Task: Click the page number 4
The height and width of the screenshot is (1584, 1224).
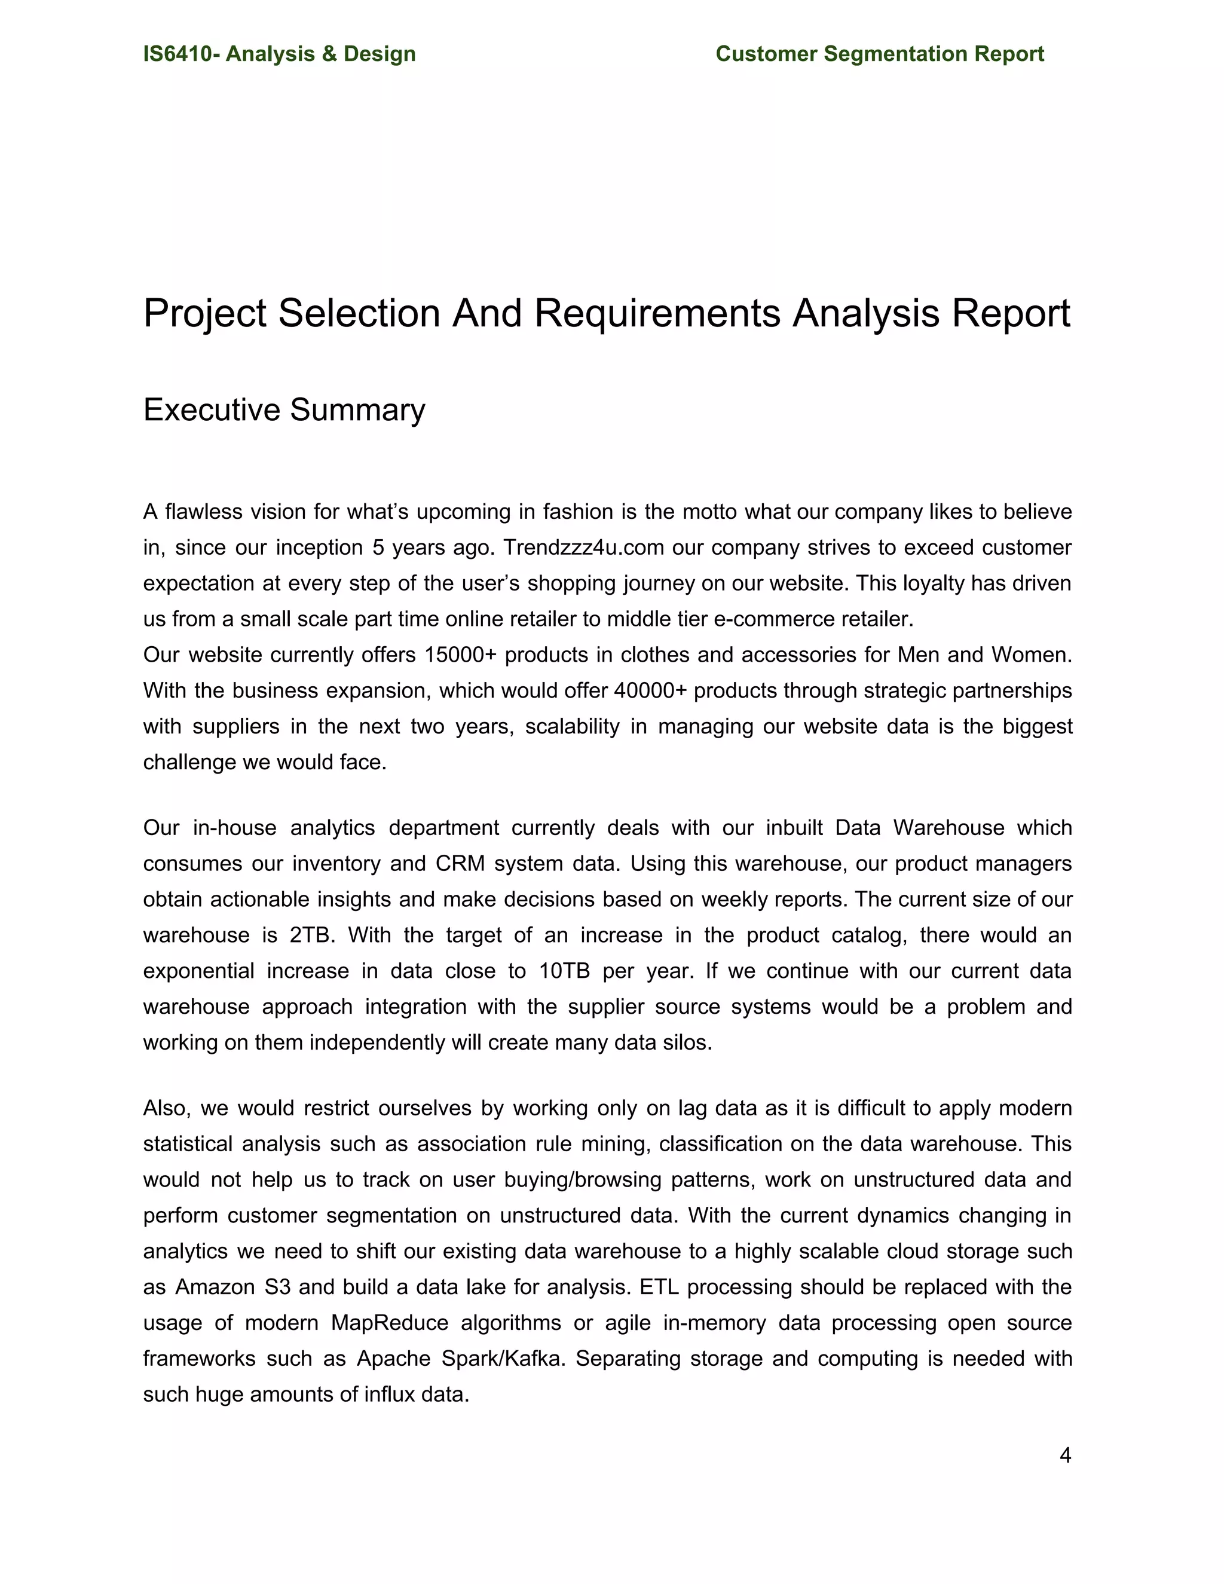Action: pos(1064,1455)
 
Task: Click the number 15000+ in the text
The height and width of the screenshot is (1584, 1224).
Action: pos(460,655)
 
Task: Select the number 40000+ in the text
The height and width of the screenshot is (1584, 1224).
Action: pos(649,690)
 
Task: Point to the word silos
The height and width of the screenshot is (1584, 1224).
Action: pos(687,1042)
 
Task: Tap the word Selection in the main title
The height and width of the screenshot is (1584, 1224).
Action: pos(360,313)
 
